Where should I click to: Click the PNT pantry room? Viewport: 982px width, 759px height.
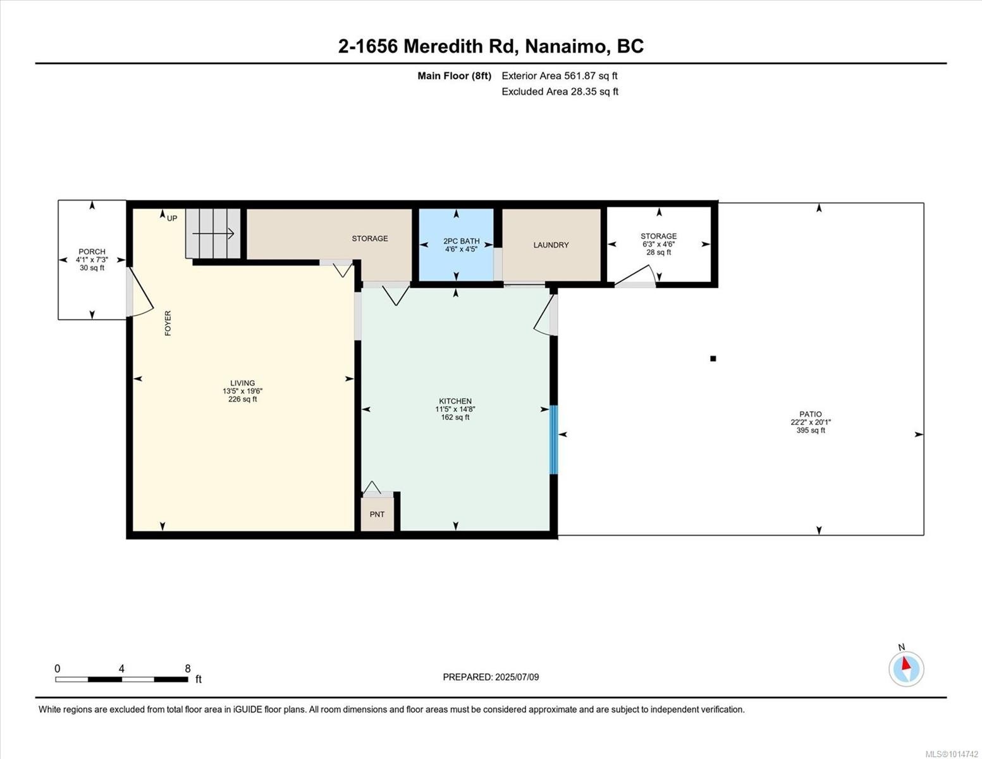click(x=377, y=514)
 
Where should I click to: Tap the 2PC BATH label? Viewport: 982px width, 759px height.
click(x=461, y=241)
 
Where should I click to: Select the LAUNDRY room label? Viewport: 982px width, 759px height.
click(x=551, y=245)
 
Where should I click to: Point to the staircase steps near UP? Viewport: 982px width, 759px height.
click(x=213, y=234)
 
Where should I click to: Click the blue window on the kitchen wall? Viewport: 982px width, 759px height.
click(x=553, y=440)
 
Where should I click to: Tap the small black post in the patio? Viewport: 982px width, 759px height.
click(x=713, y=359)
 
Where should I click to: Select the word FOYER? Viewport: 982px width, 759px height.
click(x=168, y=323)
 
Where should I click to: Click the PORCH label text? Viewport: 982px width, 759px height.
click(x=92, y=252)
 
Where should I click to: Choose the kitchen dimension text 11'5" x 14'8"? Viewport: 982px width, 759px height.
click(x=455, y=409)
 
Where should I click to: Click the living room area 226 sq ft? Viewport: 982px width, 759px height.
click(x=243, y=399)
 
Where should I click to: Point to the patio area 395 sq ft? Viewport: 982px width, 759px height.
click(x=811, y=430)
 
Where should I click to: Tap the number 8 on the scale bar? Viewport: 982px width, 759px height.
click(x=188, y=669)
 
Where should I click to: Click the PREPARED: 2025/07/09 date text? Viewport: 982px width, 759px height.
click(x=491, y=677)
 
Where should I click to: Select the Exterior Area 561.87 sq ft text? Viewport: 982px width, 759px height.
click(x=560, y=76)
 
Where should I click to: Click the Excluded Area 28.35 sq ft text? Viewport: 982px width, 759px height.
click(x=560, y=92)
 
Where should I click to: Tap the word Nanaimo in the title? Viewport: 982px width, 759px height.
click(x=565, y=46)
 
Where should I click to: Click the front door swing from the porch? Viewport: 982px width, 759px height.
click(x=140, y=292)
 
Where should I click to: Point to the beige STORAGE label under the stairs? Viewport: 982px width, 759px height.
click(x=370, y=238)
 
